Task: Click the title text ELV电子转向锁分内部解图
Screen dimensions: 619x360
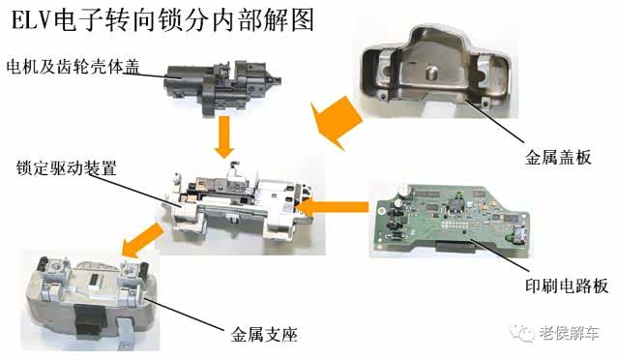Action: (162, 19)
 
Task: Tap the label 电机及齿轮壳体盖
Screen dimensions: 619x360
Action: (74, 67)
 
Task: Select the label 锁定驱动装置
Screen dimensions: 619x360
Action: (66, 168)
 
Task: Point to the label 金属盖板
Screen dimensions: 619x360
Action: (557, 158)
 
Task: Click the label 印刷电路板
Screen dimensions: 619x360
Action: (567, 285)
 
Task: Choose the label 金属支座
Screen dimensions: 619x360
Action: (264, 335)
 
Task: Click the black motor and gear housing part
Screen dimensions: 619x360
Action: (221, 87)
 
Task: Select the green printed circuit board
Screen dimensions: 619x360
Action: (452, 219)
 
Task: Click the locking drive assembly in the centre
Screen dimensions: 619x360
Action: (240, 204)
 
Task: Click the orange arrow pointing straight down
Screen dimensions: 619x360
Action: (224, 136)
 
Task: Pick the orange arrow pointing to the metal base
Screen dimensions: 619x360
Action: (142, 240)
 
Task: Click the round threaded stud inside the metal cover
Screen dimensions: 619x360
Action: (429, 73)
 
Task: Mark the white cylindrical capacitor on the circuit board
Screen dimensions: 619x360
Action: (404, 190)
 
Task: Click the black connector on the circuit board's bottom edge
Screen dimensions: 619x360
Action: (455, 248)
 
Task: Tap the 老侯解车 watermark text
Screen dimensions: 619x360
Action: (569, 334)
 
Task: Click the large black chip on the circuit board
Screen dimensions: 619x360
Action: (455, 206)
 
